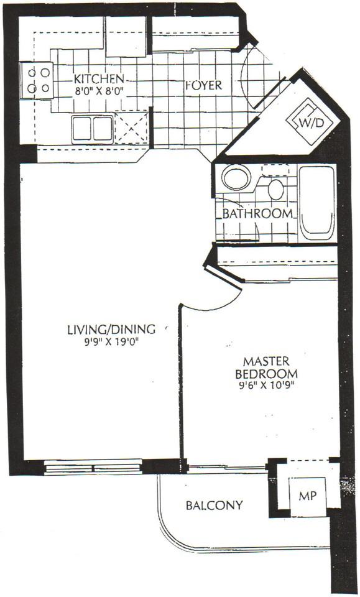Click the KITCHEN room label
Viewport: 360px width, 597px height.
tap(99, 79)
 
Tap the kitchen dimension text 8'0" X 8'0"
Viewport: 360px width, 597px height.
tap(99, 90)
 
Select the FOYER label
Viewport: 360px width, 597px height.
tap(203, 85)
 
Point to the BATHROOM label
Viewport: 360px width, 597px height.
tap(257, 213)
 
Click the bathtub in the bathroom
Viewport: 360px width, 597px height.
tap(316, 201)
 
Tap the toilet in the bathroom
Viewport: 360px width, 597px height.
tap(275, 187)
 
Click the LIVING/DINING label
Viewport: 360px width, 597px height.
tap(110, 330)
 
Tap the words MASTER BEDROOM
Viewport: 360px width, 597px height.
tap(269, 367)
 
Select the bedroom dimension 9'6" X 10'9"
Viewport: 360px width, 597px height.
tap(269, 384)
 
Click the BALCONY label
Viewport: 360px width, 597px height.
tap(214, 505)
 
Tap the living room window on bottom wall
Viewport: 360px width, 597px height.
tap(94, 466)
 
